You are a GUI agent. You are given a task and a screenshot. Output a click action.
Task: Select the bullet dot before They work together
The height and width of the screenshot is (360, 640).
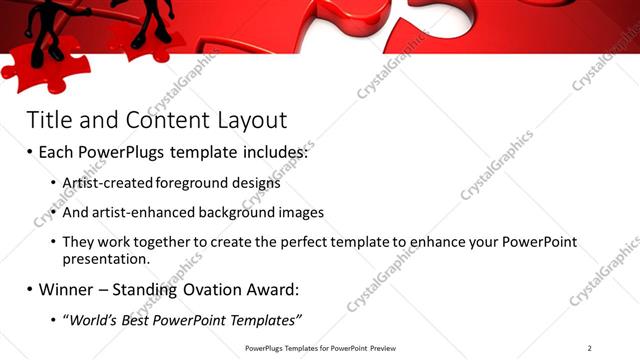point(53,243)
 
